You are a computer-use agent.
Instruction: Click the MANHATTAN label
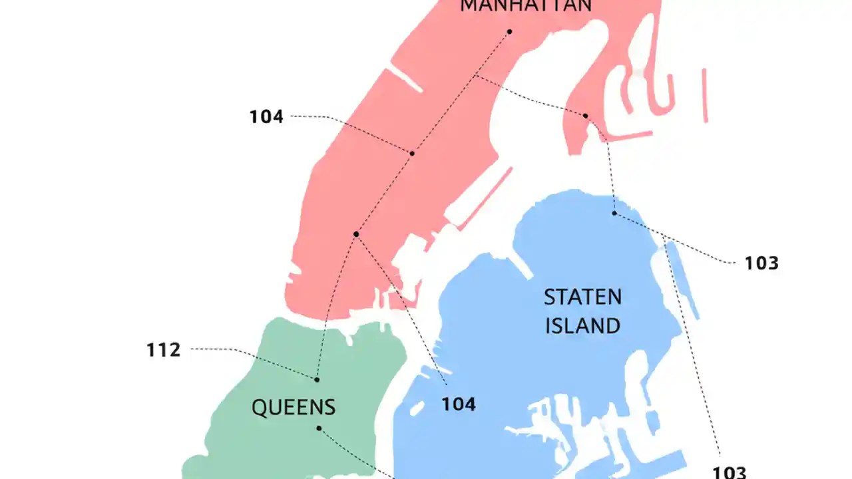click(x=526, y=6)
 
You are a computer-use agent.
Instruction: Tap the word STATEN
click(x=582, y=297)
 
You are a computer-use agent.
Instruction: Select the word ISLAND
click(x=582, y=326)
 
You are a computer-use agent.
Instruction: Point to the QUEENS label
click(x=294, y=407)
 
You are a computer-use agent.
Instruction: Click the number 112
click(x=164, y=350)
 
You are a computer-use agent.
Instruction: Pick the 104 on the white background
click(x=266, y=117)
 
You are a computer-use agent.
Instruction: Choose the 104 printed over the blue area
click(x=459, y=404)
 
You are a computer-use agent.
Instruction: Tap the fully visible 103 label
click(x=761, y=263)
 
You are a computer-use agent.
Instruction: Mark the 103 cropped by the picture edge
click(x=730, y=472)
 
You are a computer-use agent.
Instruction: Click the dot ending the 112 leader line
click(x=317, y=379)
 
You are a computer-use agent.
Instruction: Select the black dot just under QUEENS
click(x=319, y=428)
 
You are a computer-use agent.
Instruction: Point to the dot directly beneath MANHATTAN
click(x=509, y=31)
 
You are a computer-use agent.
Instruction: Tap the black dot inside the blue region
click(x=614, y=213)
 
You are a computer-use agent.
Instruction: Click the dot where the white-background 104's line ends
click(x=412, y=154)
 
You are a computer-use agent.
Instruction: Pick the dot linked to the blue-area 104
click(x=356, y=234)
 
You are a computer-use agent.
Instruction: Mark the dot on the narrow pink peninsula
click(x=586, y=116)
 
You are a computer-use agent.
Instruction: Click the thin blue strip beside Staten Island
click(x=683, y=279)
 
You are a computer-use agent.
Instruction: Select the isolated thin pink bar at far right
click(x=704, y=95)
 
